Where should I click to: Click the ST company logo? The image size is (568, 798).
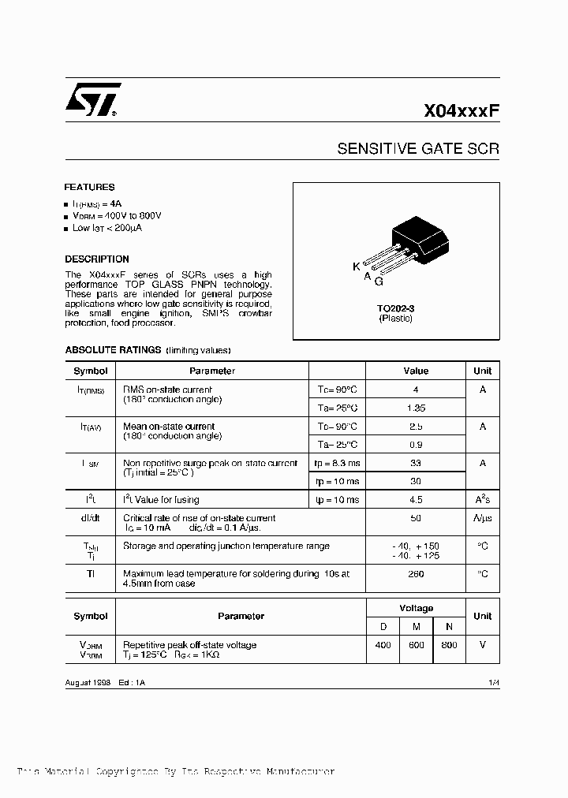coord(92,101)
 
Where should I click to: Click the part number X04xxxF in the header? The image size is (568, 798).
coord(462,111)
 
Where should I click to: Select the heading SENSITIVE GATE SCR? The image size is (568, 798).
coord(418,148)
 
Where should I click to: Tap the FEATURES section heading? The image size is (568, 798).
coord(89,188)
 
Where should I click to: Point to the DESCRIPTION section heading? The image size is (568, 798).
coord(97,259)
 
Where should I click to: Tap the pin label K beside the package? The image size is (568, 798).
coord(357,267)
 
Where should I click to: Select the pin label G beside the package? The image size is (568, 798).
coord(379,282)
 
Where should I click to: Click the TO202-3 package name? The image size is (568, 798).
coord(395,309)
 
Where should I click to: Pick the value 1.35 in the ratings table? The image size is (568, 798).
coord(416,408)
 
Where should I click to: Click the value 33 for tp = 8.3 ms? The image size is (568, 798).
coord(416,464)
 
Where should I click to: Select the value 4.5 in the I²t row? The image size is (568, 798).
coord(416,500)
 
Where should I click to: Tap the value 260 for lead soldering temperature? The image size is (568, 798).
coord(416,574)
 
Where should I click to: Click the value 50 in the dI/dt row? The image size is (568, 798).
coord(416,518)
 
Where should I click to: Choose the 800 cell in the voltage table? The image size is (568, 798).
coord(450,645)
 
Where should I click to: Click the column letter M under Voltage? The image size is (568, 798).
coord(417,625)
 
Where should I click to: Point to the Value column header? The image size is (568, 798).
coord(416,371)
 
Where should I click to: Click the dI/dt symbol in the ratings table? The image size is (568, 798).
coord(91,518)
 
